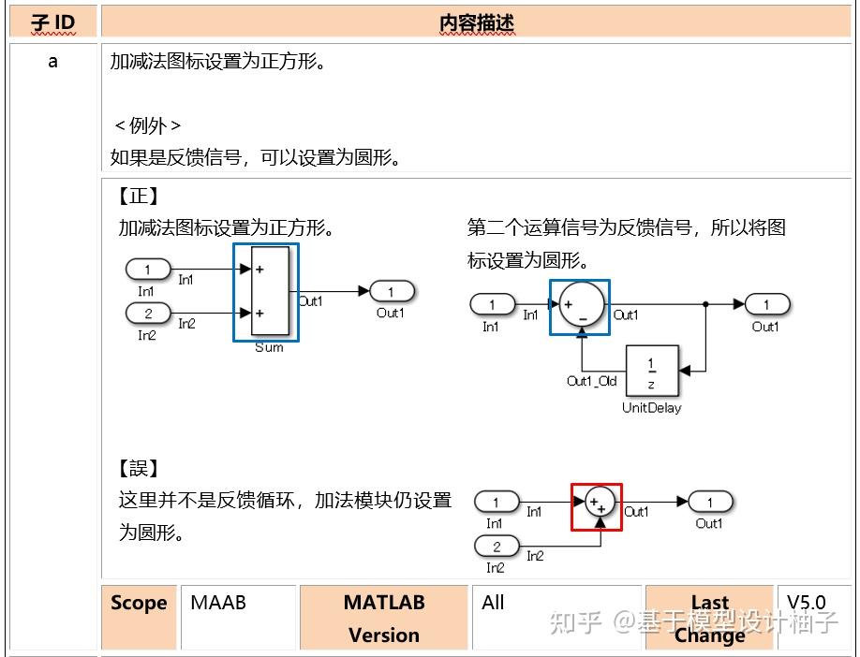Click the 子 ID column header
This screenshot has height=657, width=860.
[x=52, y=22]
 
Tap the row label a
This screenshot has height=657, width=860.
[x=52, y=62]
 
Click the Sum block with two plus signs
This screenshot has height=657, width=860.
[x=270, y=291]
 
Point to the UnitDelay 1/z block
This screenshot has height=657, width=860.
[x=652, y=372]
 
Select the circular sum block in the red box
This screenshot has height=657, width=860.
[x=597, y=506]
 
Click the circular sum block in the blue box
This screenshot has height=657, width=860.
[x=580, y=305]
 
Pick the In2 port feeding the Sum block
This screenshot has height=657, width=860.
[x=148, y=314]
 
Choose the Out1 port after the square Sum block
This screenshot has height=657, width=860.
[x=393, y=291]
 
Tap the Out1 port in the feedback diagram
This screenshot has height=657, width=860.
[x=767, y=304]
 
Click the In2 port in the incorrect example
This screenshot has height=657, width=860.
[x=497, y=547]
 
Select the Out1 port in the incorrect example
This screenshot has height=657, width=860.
[x=710, y=503]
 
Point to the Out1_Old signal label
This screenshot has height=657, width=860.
[x=592, y=381]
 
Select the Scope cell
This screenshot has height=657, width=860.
[x=139, y=604]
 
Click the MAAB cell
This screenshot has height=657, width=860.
[x=218, y=603]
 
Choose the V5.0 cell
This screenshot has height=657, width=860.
[x=806, y=603]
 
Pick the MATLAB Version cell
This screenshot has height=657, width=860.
[x=383, y=618]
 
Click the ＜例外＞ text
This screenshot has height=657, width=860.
[x=147, y=125]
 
